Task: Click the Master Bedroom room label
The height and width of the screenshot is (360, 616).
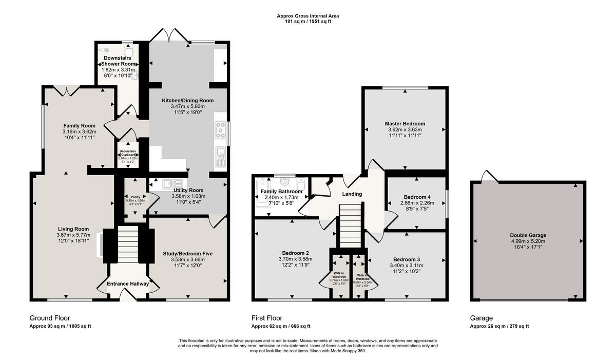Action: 405,124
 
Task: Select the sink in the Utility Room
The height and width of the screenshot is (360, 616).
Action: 169,184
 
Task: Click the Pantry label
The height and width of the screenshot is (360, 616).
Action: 136,197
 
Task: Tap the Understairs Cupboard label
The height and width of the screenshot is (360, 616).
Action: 127,153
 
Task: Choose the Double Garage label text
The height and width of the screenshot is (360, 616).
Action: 528,235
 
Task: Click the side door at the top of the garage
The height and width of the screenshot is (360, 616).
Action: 488,176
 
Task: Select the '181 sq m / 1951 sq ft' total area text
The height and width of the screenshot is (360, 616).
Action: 307,22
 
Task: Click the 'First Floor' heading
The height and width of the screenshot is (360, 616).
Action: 267,318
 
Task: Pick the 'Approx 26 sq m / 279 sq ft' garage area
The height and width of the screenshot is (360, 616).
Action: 499,327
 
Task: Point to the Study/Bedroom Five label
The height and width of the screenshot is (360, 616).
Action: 187,254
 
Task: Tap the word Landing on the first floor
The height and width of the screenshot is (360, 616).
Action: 352,194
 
